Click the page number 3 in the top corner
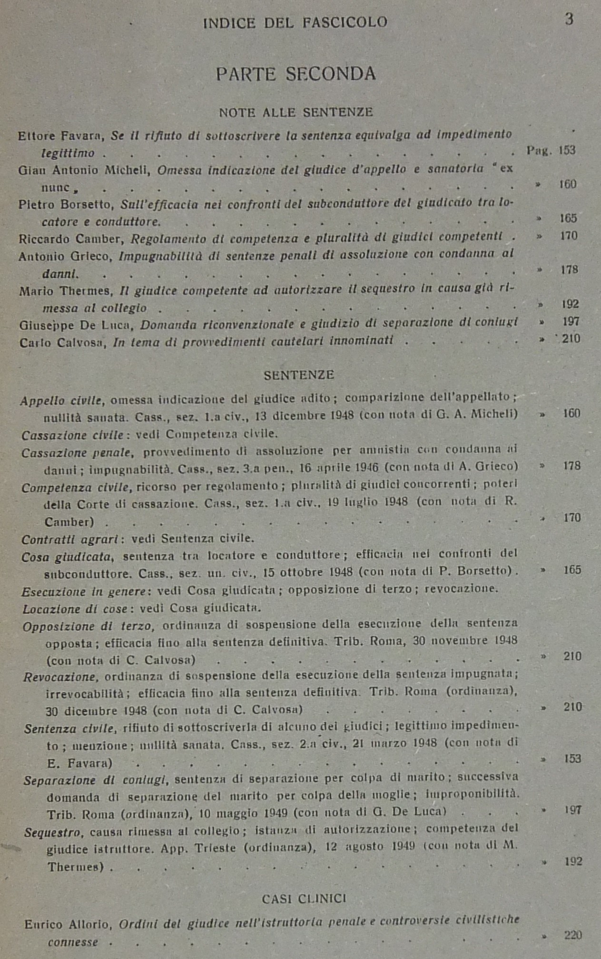pos(569,20)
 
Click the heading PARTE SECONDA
pos(296,74)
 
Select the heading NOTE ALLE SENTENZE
pos(296,112)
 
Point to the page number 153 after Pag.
pos(567,150)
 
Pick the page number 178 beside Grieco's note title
pos(569,270)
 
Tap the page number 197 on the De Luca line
pos(571,322)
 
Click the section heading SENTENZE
pos(299,375)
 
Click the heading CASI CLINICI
pos(304,899)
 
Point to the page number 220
pos(573,935)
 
